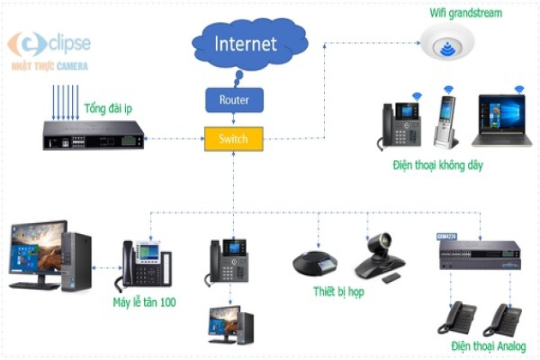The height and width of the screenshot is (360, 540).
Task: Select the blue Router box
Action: point(233,99)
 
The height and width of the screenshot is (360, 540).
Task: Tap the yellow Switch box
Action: point(233,138)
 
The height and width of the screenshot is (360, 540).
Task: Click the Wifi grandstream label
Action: point(465,13)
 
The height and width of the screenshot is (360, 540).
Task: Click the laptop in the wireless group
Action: point(501,123)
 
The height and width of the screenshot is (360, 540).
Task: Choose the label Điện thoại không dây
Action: point(445,165)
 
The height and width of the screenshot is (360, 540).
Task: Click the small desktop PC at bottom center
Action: point(231,326)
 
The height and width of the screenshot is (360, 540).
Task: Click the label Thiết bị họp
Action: point(340,292)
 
